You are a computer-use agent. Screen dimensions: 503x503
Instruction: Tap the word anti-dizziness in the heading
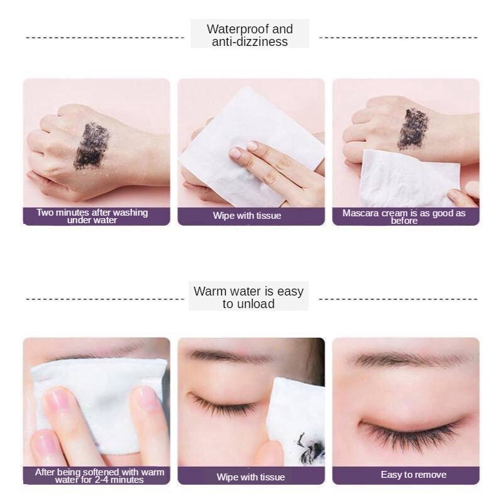250,42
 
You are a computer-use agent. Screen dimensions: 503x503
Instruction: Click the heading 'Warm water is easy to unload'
248,297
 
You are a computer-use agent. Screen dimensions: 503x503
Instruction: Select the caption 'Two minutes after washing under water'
92,216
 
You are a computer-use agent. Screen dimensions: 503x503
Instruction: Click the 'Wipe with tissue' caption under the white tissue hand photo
247,216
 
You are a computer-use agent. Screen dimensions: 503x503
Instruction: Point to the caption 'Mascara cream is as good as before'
404,216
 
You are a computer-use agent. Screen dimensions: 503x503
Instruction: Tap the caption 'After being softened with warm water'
99,475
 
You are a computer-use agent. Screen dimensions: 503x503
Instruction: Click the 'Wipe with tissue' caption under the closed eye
250,477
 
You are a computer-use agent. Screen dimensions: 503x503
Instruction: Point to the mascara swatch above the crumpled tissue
412,128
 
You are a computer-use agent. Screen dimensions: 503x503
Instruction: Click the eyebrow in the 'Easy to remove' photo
402,360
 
